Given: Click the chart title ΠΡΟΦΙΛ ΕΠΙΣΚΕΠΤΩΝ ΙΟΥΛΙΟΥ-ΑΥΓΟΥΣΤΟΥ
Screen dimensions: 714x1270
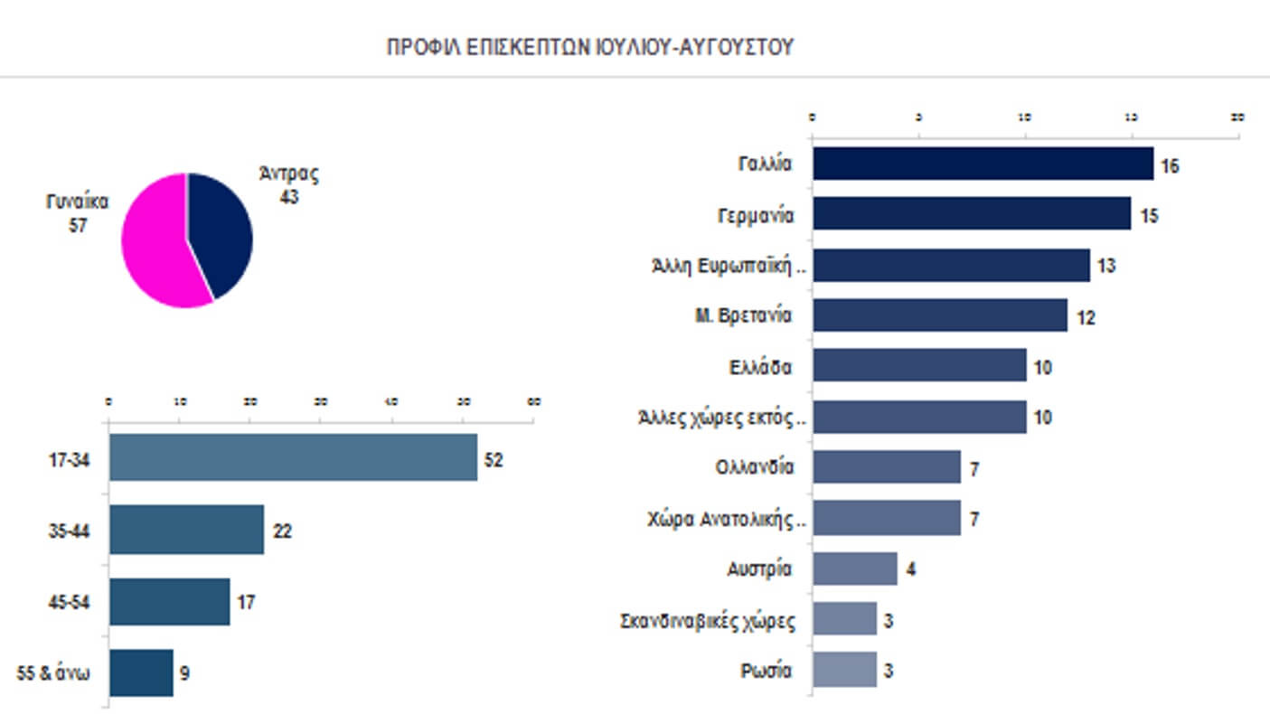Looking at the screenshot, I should coord(589,48).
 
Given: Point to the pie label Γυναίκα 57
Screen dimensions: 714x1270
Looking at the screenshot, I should coord(78,213).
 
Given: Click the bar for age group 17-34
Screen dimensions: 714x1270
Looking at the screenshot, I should coord(293,457).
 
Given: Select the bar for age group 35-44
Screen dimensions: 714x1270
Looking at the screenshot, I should coord(186,530).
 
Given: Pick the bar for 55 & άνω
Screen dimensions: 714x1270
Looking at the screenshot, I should coord(141,672).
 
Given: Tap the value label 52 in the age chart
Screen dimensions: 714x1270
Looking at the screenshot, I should coord(493,459).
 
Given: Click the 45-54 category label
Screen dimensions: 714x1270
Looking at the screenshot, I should coord(69,603).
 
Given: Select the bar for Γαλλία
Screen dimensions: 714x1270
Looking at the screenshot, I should coord(983,164).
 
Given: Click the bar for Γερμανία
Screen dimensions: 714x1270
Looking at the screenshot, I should coord(972,214).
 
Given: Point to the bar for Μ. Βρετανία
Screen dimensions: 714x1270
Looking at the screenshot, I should coord(940,315).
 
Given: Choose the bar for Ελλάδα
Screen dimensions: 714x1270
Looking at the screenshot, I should coord(919,366).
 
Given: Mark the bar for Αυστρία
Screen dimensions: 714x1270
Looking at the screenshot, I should coord(855,569).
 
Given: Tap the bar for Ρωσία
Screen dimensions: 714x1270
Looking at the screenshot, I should coord(844,671).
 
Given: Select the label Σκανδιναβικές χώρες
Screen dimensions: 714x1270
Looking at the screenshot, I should coord(708,621).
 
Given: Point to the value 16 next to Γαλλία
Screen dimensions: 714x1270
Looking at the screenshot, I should coord(1171,166).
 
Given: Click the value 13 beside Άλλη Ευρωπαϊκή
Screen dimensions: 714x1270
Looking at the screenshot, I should coord(1106,267).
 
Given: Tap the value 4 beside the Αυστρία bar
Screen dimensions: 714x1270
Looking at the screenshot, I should coord(911,571).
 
